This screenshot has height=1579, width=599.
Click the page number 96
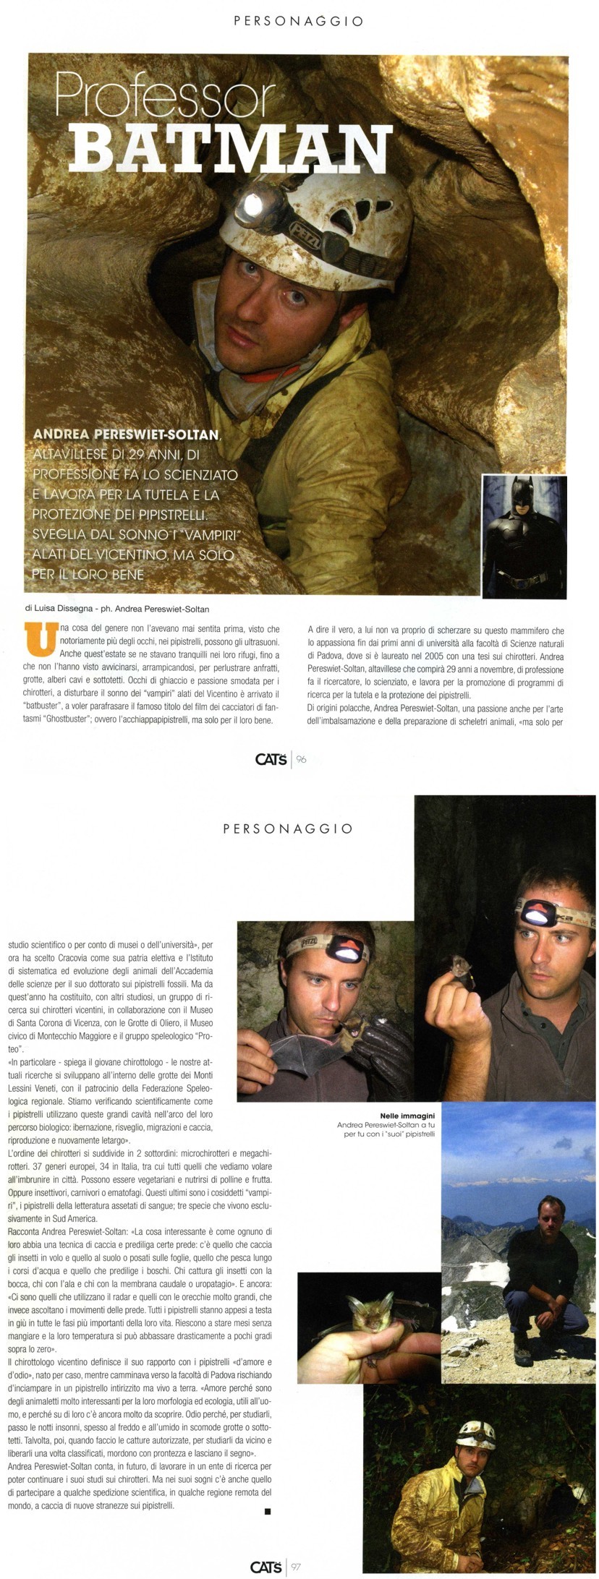coord(302,759)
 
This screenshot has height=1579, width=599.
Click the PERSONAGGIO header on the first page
coord(299,22)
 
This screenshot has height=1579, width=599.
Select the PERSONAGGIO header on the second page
coord(288,829)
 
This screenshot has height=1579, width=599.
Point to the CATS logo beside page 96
coord(272,759)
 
